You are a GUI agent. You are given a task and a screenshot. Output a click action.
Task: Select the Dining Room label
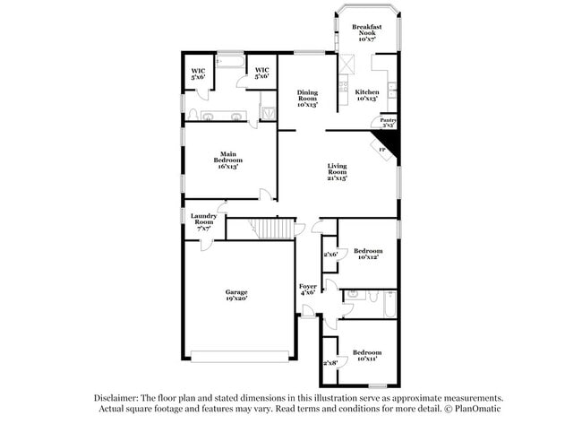tap(308, 98)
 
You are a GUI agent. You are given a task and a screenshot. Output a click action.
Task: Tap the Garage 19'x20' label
tap(236, 295)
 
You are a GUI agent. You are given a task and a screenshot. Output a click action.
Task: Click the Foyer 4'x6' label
tap(307, 289)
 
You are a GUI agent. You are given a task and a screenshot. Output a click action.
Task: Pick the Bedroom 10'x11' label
tap(366, 355)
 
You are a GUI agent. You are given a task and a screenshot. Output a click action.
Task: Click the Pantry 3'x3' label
tap(388, 123)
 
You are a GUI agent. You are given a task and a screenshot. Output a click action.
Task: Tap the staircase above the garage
tap(272, 229)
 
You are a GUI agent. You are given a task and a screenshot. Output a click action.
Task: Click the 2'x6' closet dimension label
tap(330, 255)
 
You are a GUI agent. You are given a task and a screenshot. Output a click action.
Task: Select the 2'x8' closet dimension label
tap(330, 363)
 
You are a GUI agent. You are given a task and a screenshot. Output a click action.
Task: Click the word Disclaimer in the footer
tap(116, 397)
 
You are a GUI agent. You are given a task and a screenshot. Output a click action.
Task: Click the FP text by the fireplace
tap(381, 149)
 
